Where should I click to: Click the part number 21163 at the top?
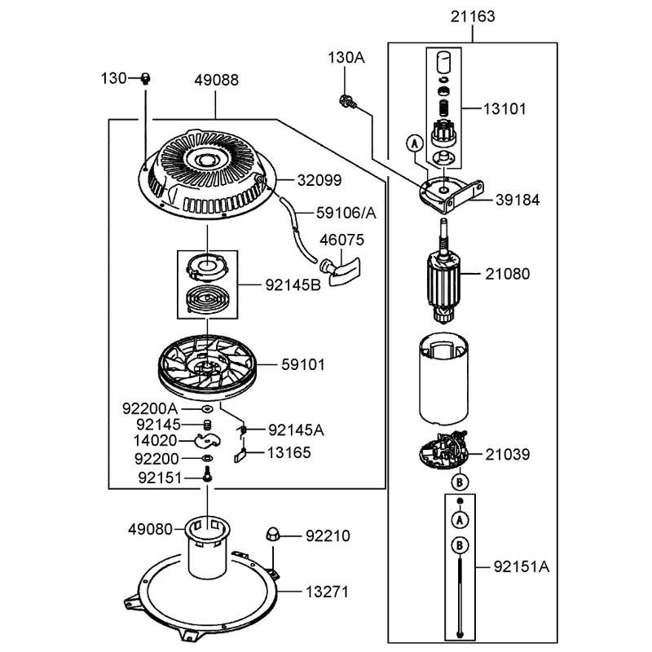coord(473,16)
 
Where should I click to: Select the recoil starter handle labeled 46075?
coord(340,271)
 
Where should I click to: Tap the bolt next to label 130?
coord(145,78)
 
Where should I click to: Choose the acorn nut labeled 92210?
coord(272,534)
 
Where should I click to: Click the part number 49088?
coord(216,80)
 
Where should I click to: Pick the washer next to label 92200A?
coord(207,409)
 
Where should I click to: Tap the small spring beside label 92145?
coord(208,425)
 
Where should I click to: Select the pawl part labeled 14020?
coord(207,441)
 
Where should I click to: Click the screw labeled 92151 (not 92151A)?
coord(208,474)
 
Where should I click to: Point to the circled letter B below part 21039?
coord(460,482)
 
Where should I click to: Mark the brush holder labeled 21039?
coord(443,451)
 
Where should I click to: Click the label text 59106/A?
coord(346,213)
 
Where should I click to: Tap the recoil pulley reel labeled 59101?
coord(208,368)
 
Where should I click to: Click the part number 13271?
coord(327,592)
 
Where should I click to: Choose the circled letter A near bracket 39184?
coord(414,144)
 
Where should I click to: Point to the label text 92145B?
coord(293,285)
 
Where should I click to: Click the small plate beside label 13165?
coord(240,457)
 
